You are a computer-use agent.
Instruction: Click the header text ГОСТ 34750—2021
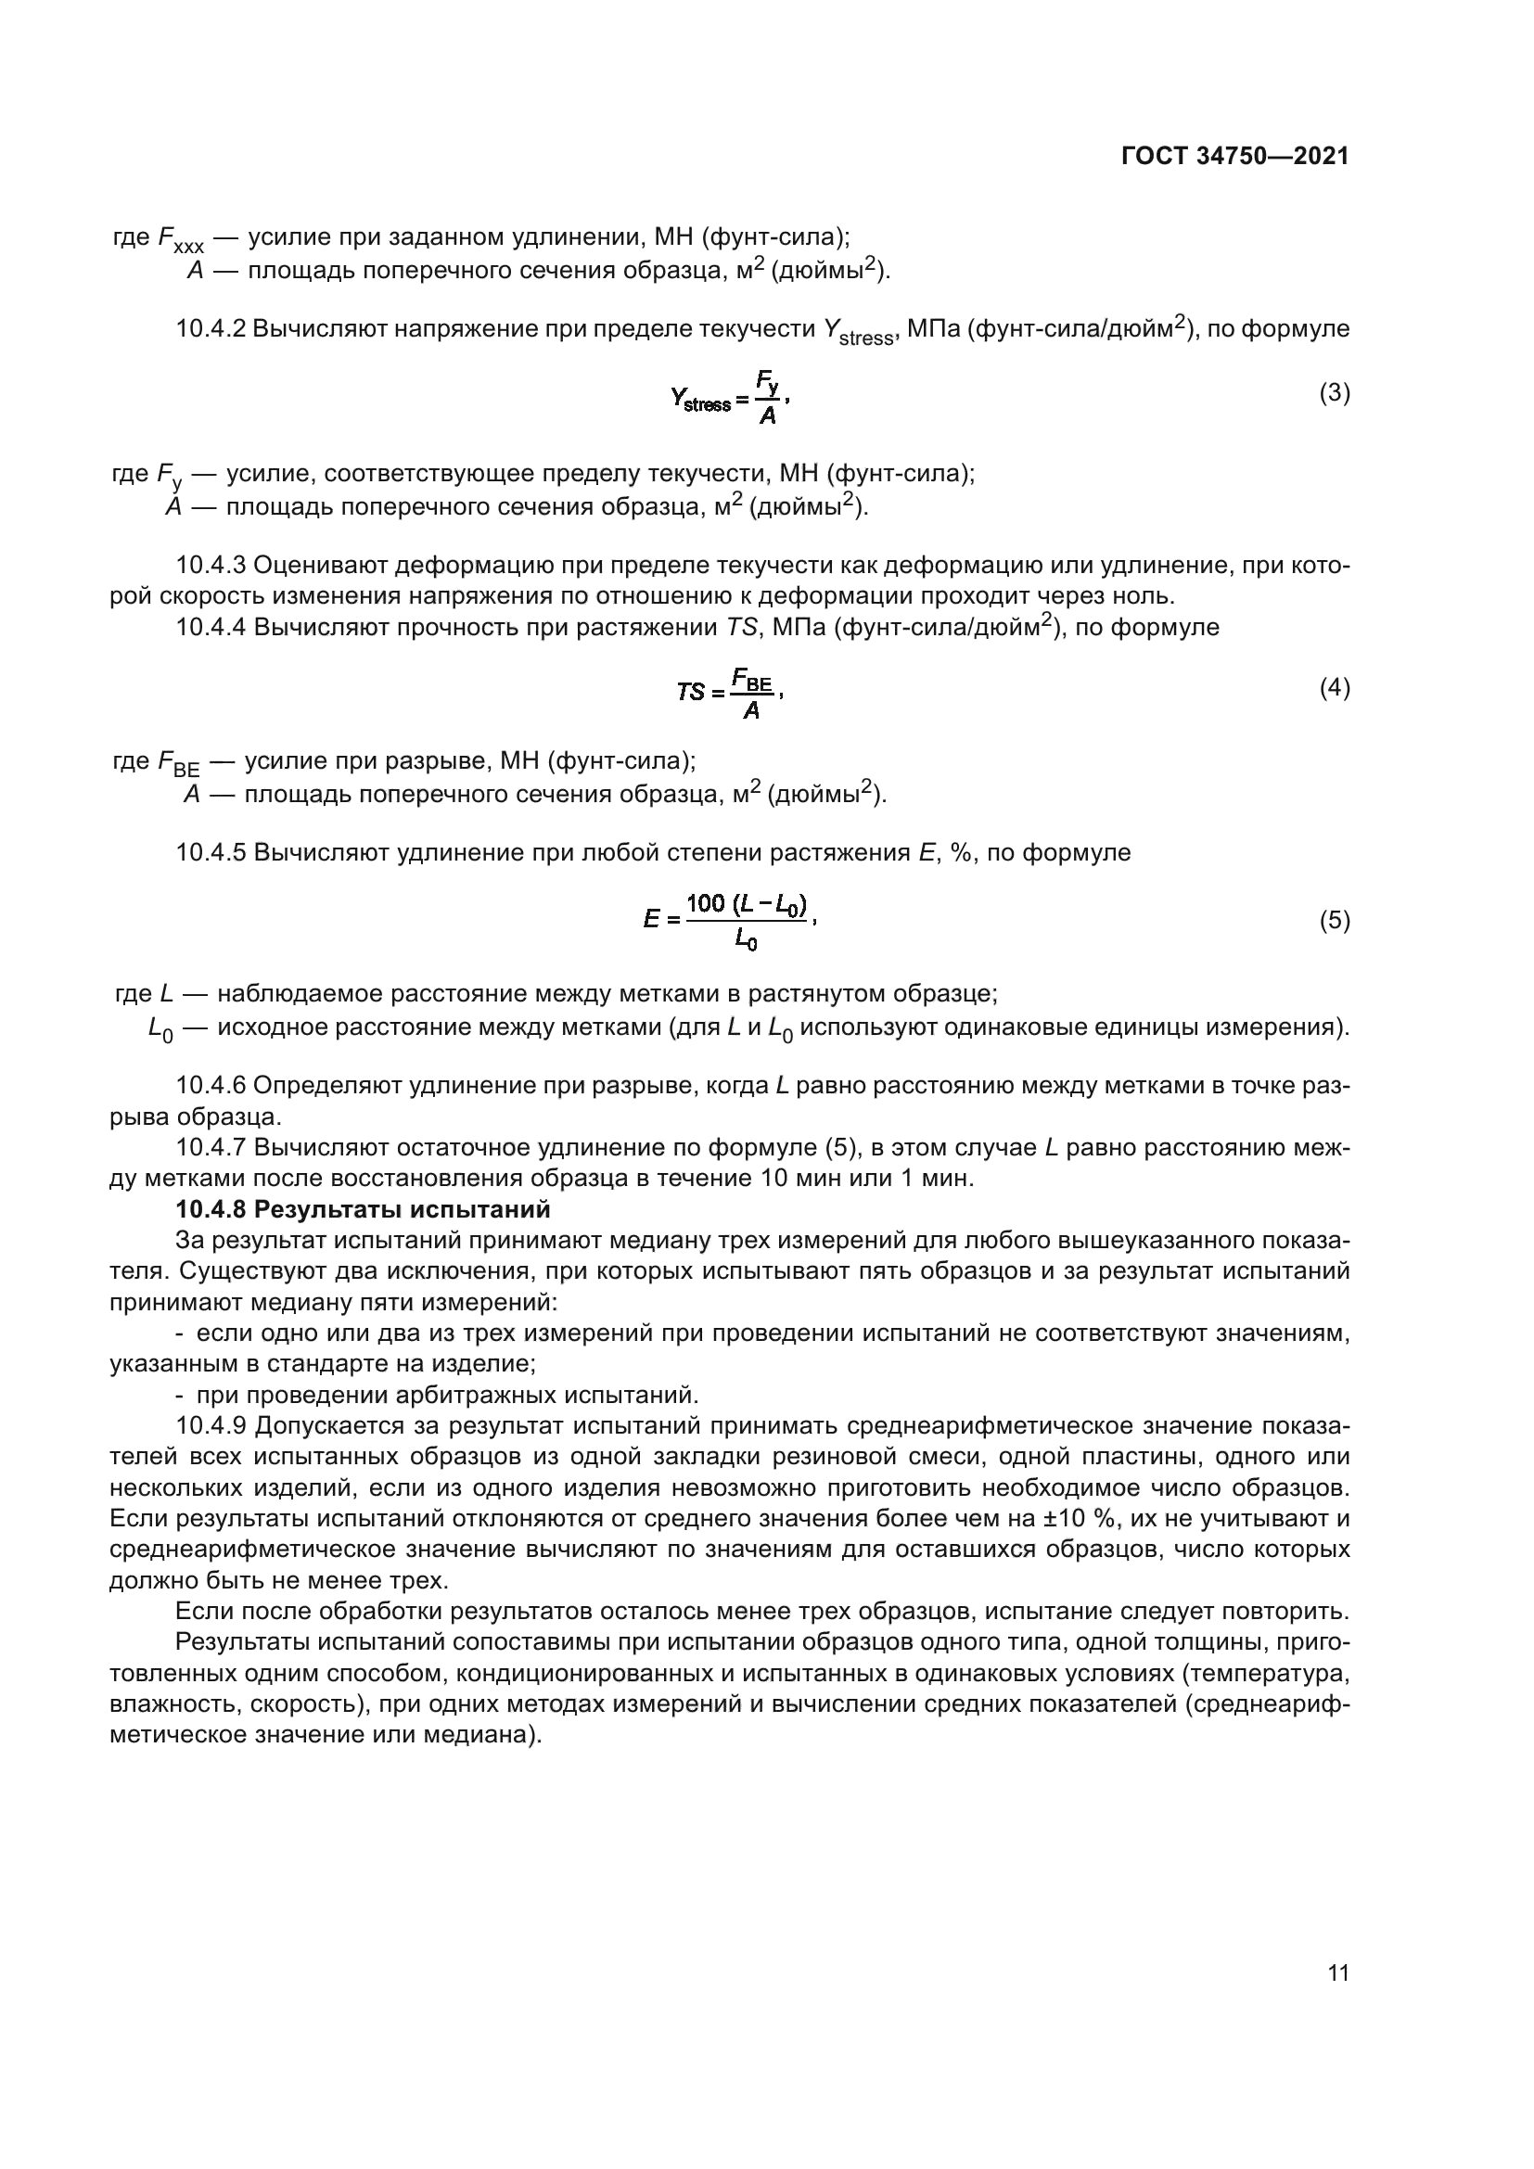coord(1234,157)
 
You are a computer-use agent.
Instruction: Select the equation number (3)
coord(1334,393)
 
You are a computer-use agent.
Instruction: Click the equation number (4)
coord(1334,688)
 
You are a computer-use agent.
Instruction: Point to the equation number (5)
coord(1334,920)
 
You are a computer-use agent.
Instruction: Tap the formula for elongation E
coord(729,920)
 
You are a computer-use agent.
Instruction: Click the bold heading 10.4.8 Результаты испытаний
coord(363,1209)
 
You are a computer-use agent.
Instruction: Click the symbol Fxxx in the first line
coord(180,239)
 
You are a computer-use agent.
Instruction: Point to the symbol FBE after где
coord(176,762)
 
